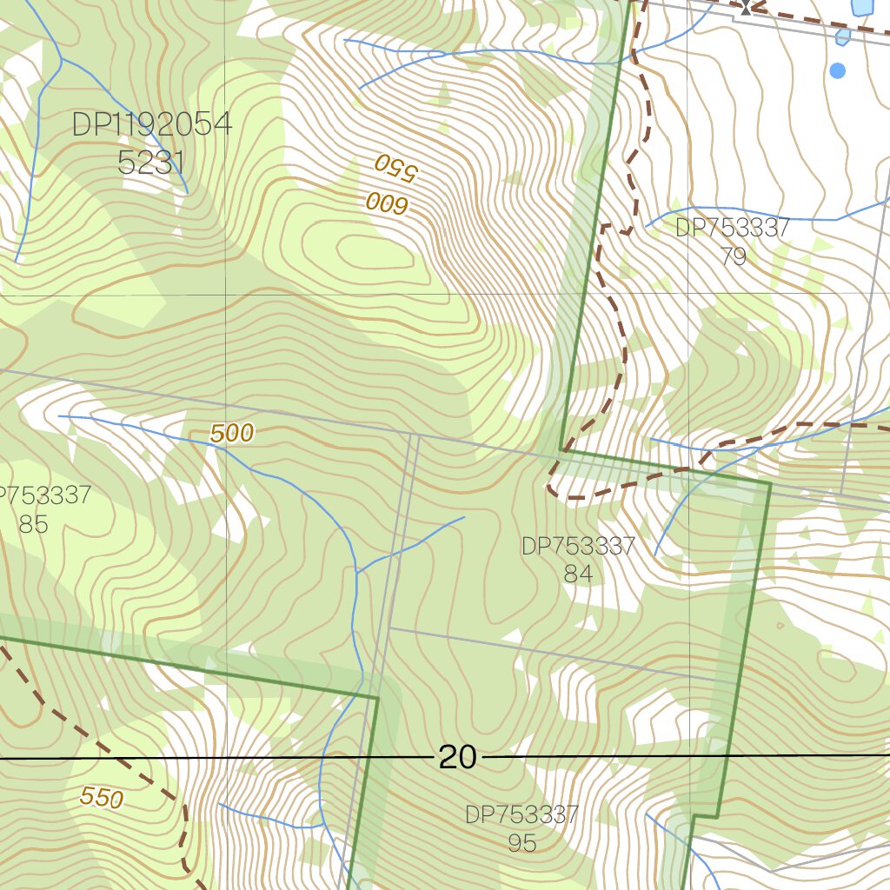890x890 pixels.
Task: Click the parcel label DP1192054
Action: (152, 124)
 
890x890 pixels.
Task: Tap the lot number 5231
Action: (150, 162)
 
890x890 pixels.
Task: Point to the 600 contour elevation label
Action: (387, 204)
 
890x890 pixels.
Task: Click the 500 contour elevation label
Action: (232, 433)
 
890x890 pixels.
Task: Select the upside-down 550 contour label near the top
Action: (396, 166)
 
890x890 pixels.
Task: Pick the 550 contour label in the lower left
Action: (102, 797)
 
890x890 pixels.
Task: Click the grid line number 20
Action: (457, 758)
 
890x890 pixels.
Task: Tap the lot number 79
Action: (733, 256)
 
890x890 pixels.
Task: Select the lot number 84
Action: (578, 574)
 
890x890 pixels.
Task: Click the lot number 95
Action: (521, 842)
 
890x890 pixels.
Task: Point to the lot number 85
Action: (32, 524)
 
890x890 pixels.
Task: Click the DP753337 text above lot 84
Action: (578, 547)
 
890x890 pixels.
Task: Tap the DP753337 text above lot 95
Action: (521, 815)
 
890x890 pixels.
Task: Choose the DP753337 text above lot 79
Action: (732, 229)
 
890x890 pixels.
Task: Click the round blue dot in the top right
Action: (837, 70)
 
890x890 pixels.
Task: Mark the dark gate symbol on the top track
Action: (746, 9)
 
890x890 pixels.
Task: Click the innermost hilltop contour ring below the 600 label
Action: (375, 254)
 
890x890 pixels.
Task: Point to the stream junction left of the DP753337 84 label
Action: (357, 571)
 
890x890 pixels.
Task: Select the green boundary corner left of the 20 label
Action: (377, 697)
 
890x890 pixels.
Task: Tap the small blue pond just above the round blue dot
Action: (842, 37)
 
